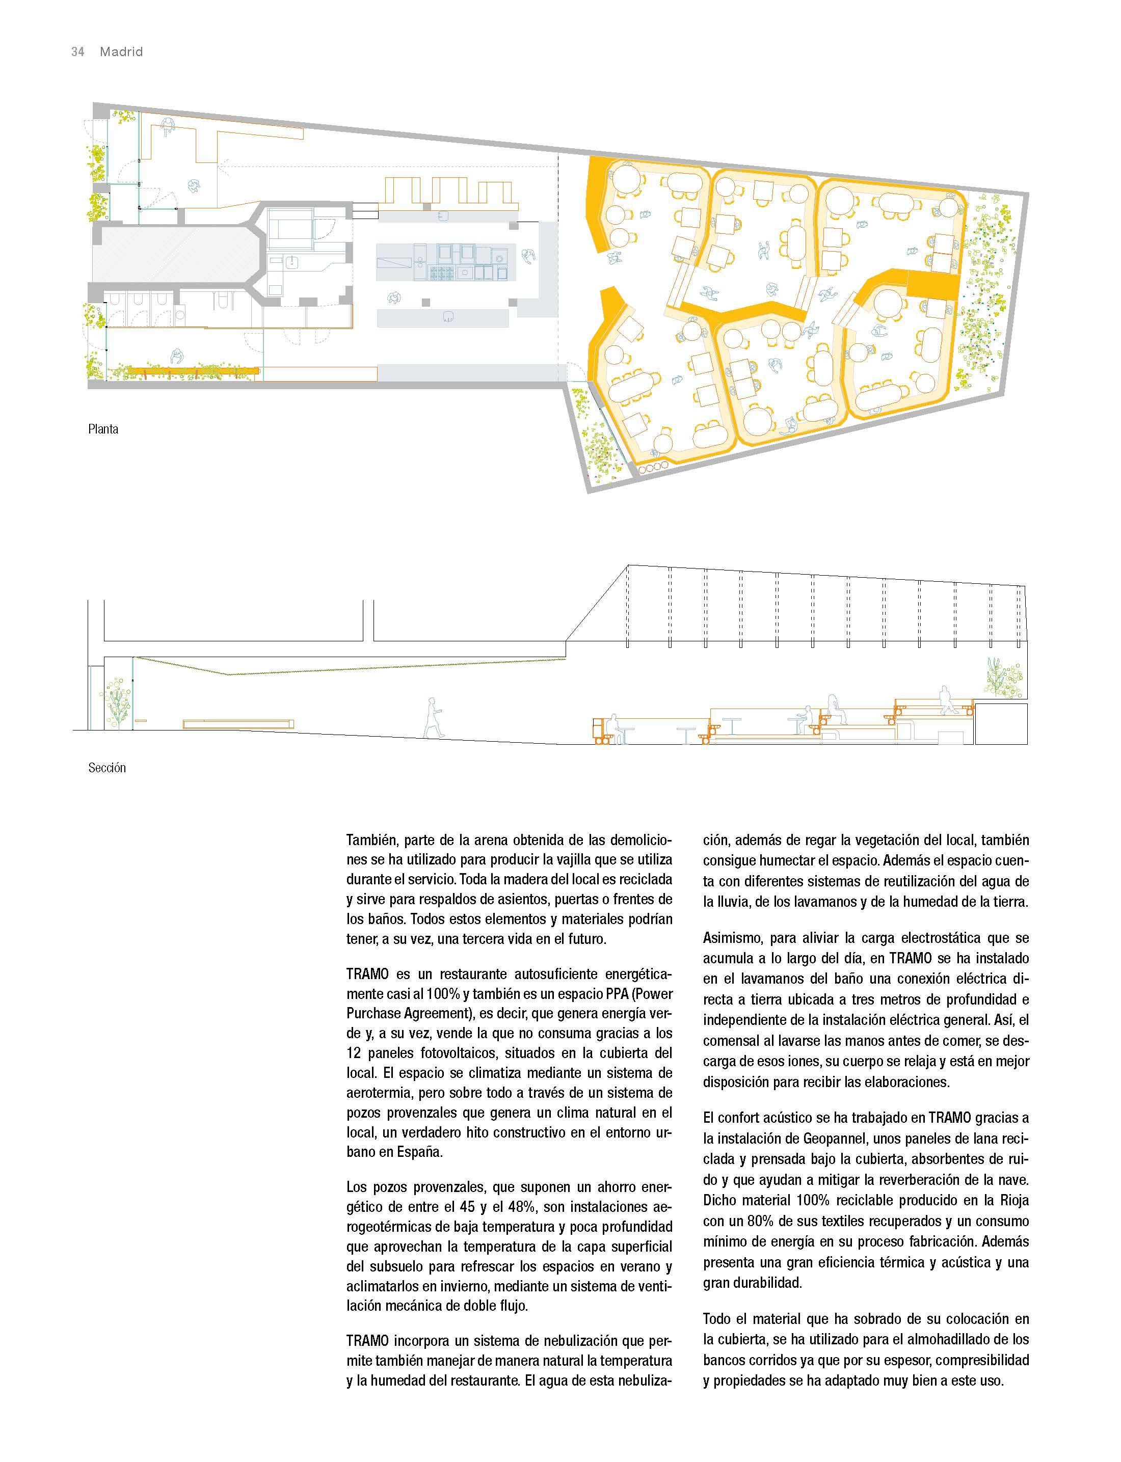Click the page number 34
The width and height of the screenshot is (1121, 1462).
(x=77, y=52)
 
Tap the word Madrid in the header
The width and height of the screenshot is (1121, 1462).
(x=121, y=52)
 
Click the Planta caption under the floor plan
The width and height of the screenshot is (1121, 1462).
(x=103, y=429)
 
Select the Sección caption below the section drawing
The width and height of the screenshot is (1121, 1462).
(x=107, y=768)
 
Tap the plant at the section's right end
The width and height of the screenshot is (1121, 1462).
(x=1003, y=677)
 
